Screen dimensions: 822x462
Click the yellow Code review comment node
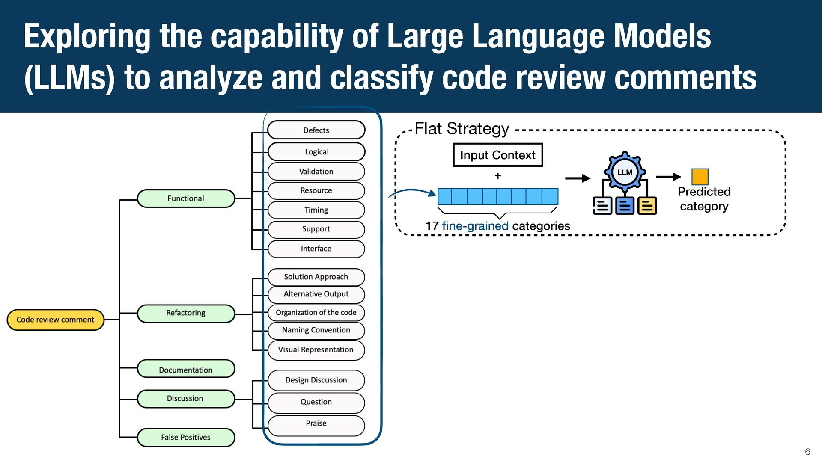click(x=56, y=320)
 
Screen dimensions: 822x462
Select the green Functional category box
click(x=186, y=198)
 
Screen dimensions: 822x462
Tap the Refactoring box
click(x=186, y=313)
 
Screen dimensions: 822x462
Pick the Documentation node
click(x=186, y=369)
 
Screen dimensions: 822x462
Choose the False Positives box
click(x=186, y=437)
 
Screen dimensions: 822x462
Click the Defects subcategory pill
click(x=316, y=130)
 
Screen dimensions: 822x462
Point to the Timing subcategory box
click(x=316, y=210)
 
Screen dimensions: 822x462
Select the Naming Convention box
click(x=316, y=330)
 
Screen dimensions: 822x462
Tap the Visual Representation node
click(x=316, y=350)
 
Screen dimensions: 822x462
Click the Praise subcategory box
click(x=316, y=425)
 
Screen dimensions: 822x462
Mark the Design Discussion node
click(x=316, y=380)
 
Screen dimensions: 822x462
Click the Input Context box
click(x=498, y=155)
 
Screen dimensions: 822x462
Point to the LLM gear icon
click(x=625, y=172)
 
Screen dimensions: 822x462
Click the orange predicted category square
click(x=700, y=177)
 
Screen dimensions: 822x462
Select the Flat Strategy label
click(x=462, y=128)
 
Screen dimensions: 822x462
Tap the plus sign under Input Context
click(x=498, y=176)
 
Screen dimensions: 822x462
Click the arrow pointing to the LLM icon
click(x=578, y=178)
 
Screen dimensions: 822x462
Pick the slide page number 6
click(x=807, y=452)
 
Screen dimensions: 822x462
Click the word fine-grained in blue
click(x=475, y=226)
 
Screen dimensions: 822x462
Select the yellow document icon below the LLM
click(x=647, y=206)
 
